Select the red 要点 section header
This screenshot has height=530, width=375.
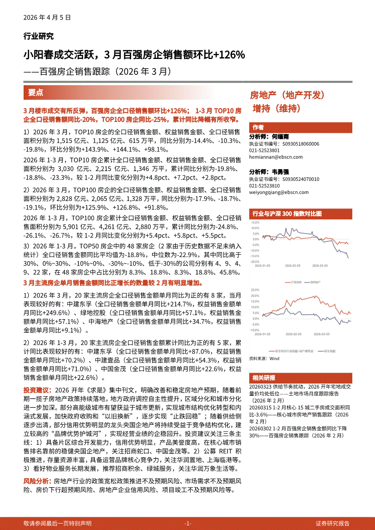(36, 92)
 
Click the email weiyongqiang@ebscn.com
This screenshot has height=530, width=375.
(279, 192)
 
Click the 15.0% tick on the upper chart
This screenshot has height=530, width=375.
(255, 223)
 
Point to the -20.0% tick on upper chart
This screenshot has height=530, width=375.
(254, 262)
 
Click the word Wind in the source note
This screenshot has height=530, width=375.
(275, 358)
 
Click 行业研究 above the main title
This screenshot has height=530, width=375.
(39, 36)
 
